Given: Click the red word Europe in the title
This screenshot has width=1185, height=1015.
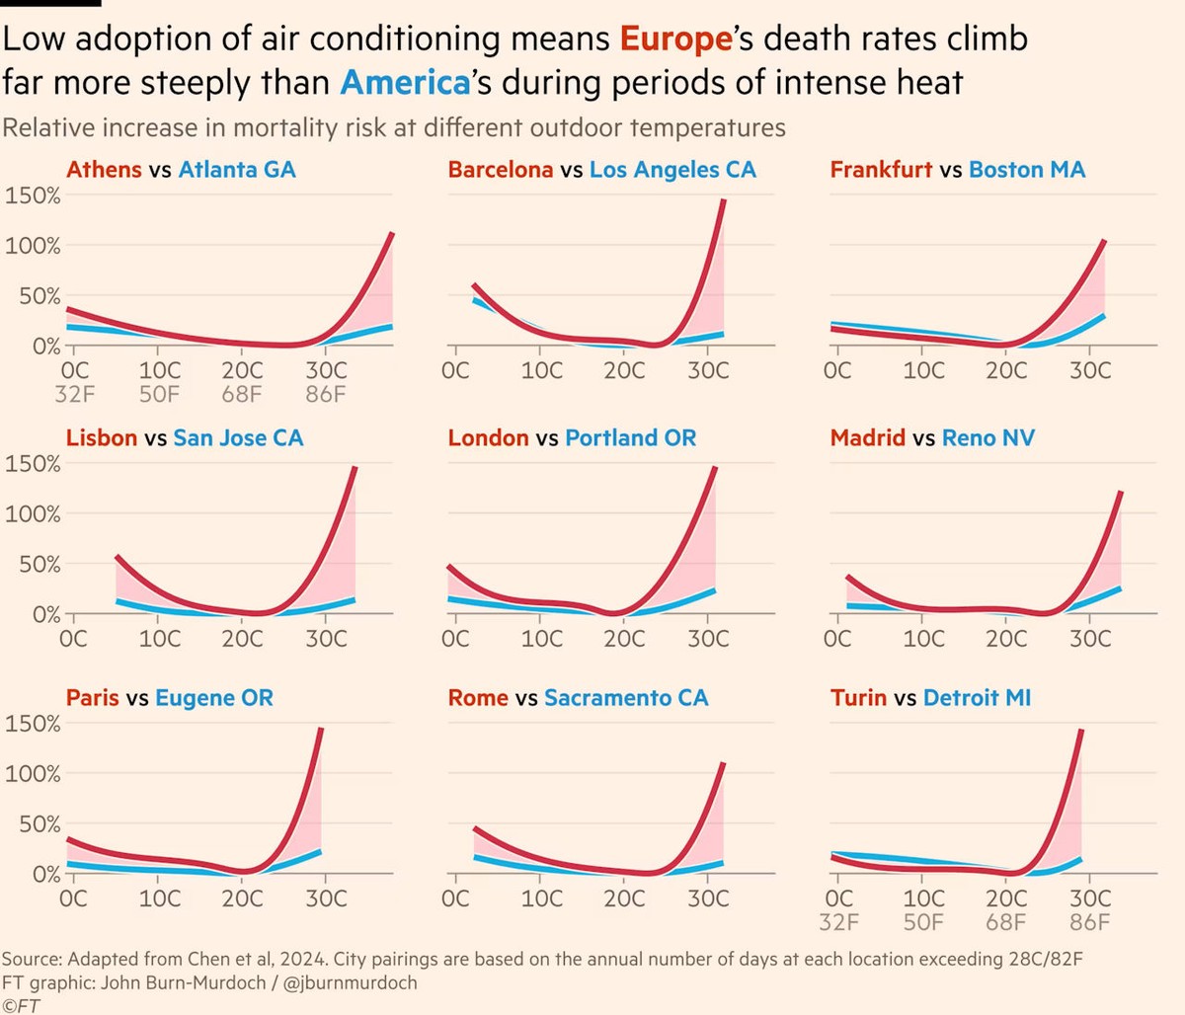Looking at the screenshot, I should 675,39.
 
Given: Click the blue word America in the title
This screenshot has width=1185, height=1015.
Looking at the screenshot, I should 405,82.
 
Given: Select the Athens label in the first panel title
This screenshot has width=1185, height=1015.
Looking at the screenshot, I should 104,170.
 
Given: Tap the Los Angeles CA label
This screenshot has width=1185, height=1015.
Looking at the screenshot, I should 672,170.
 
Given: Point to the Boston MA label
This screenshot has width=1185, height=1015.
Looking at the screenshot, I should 1026,170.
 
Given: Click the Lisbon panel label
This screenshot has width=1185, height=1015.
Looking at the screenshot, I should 102,438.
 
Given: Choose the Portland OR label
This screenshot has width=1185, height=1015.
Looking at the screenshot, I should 630,438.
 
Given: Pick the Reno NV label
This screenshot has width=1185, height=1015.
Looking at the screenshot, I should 987,438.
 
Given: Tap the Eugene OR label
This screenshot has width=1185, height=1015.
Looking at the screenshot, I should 213,699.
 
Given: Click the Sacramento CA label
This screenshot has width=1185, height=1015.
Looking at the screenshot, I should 626,699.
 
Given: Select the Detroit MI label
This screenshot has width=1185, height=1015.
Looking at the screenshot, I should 977,699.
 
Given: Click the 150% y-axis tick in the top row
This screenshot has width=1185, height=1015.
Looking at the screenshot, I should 33,195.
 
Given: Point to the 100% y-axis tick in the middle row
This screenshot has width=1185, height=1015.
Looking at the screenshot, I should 33,514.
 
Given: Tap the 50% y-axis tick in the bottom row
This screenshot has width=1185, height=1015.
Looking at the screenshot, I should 39,824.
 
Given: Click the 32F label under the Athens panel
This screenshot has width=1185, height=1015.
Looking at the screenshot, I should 73,395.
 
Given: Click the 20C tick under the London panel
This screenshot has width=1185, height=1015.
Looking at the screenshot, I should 624,639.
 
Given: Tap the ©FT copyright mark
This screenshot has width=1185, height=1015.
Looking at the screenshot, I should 21,1005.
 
